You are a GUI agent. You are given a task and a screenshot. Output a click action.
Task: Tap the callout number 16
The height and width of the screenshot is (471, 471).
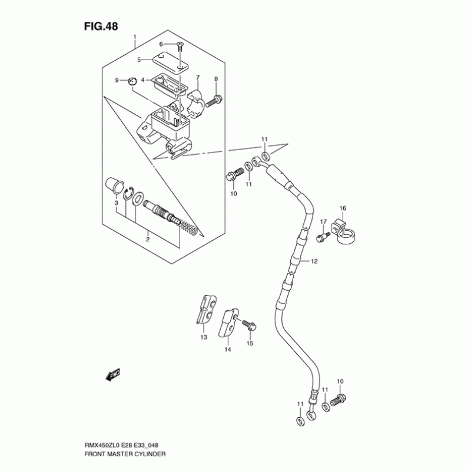pos(342,208)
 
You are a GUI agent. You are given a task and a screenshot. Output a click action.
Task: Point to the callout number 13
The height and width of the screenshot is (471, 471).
pos(204,337)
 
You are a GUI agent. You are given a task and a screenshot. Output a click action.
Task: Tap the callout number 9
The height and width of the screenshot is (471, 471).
pos(117,80)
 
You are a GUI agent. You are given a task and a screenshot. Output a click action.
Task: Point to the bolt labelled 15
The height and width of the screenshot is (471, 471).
pos(247,324)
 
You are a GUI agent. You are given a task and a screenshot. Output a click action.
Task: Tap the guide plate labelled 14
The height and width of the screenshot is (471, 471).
pos(227,324)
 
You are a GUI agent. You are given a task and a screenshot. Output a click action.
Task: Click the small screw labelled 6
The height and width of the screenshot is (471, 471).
pos(180,45)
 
